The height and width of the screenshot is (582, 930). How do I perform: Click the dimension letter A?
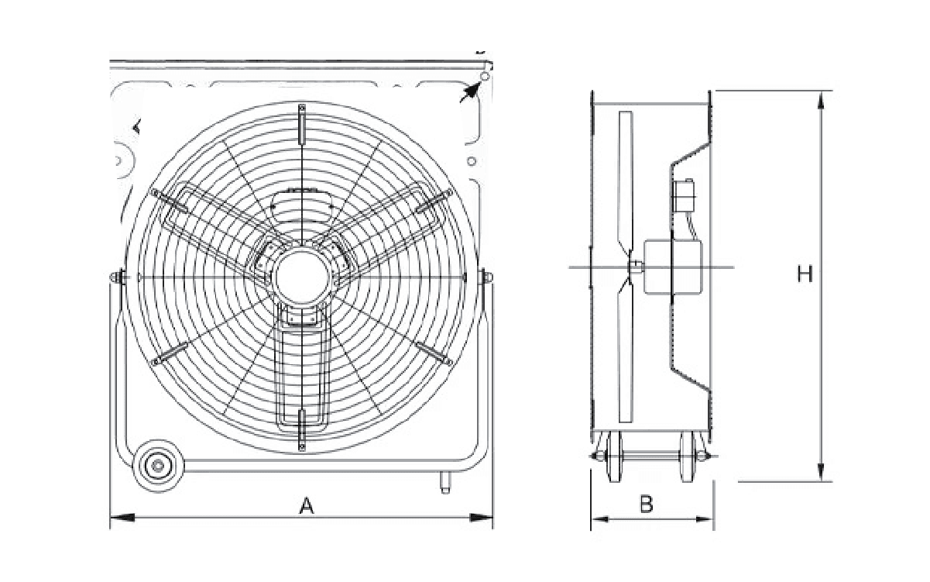(x=307, y=506)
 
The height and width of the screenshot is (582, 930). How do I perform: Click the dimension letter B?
(x=646, y=505)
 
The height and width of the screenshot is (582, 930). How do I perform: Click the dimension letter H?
(x=805, y=274)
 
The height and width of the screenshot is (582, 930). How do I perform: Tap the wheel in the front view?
(x=158, y=466)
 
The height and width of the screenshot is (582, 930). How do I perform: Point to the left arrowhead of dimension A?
(x=122, y=518)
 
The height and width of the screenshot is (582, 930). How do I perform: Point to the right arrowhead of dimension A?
(x=481, y=518)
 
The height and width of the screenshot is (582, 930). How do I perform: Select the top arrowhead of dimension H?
(x=820, y=101)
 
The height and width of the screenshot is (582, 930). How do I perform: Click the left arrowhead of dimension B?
(x=600, y=519)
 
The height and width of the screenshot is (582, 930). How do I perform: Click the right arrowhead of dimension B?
(x=705, y=519)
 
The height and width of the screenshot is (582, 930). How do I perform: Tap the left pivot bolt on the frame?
(x=118, y=277)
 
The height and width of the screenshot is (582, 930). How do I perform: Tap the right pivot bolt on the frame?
(x=486, y=277)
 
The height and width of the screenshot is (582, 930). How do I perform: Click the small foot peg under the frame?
(x=445, y=482)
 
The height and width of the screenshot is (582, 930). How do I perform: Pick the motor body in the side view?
(x=673, y=267)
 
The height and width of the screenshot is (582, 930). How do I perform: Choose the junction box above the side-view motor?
(x=683, y=195)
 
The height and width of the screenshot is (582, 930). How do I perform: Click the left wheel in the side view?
(x=614, y=457)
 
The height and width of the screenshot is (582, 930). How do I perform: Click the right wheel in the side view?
(x=687, y=457)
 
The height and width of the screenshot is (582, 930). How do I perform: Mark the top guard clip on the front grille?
(x=302, y=124)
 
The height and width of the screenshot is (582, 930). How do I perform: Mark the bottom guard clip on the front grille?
(x=302, y=429)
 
